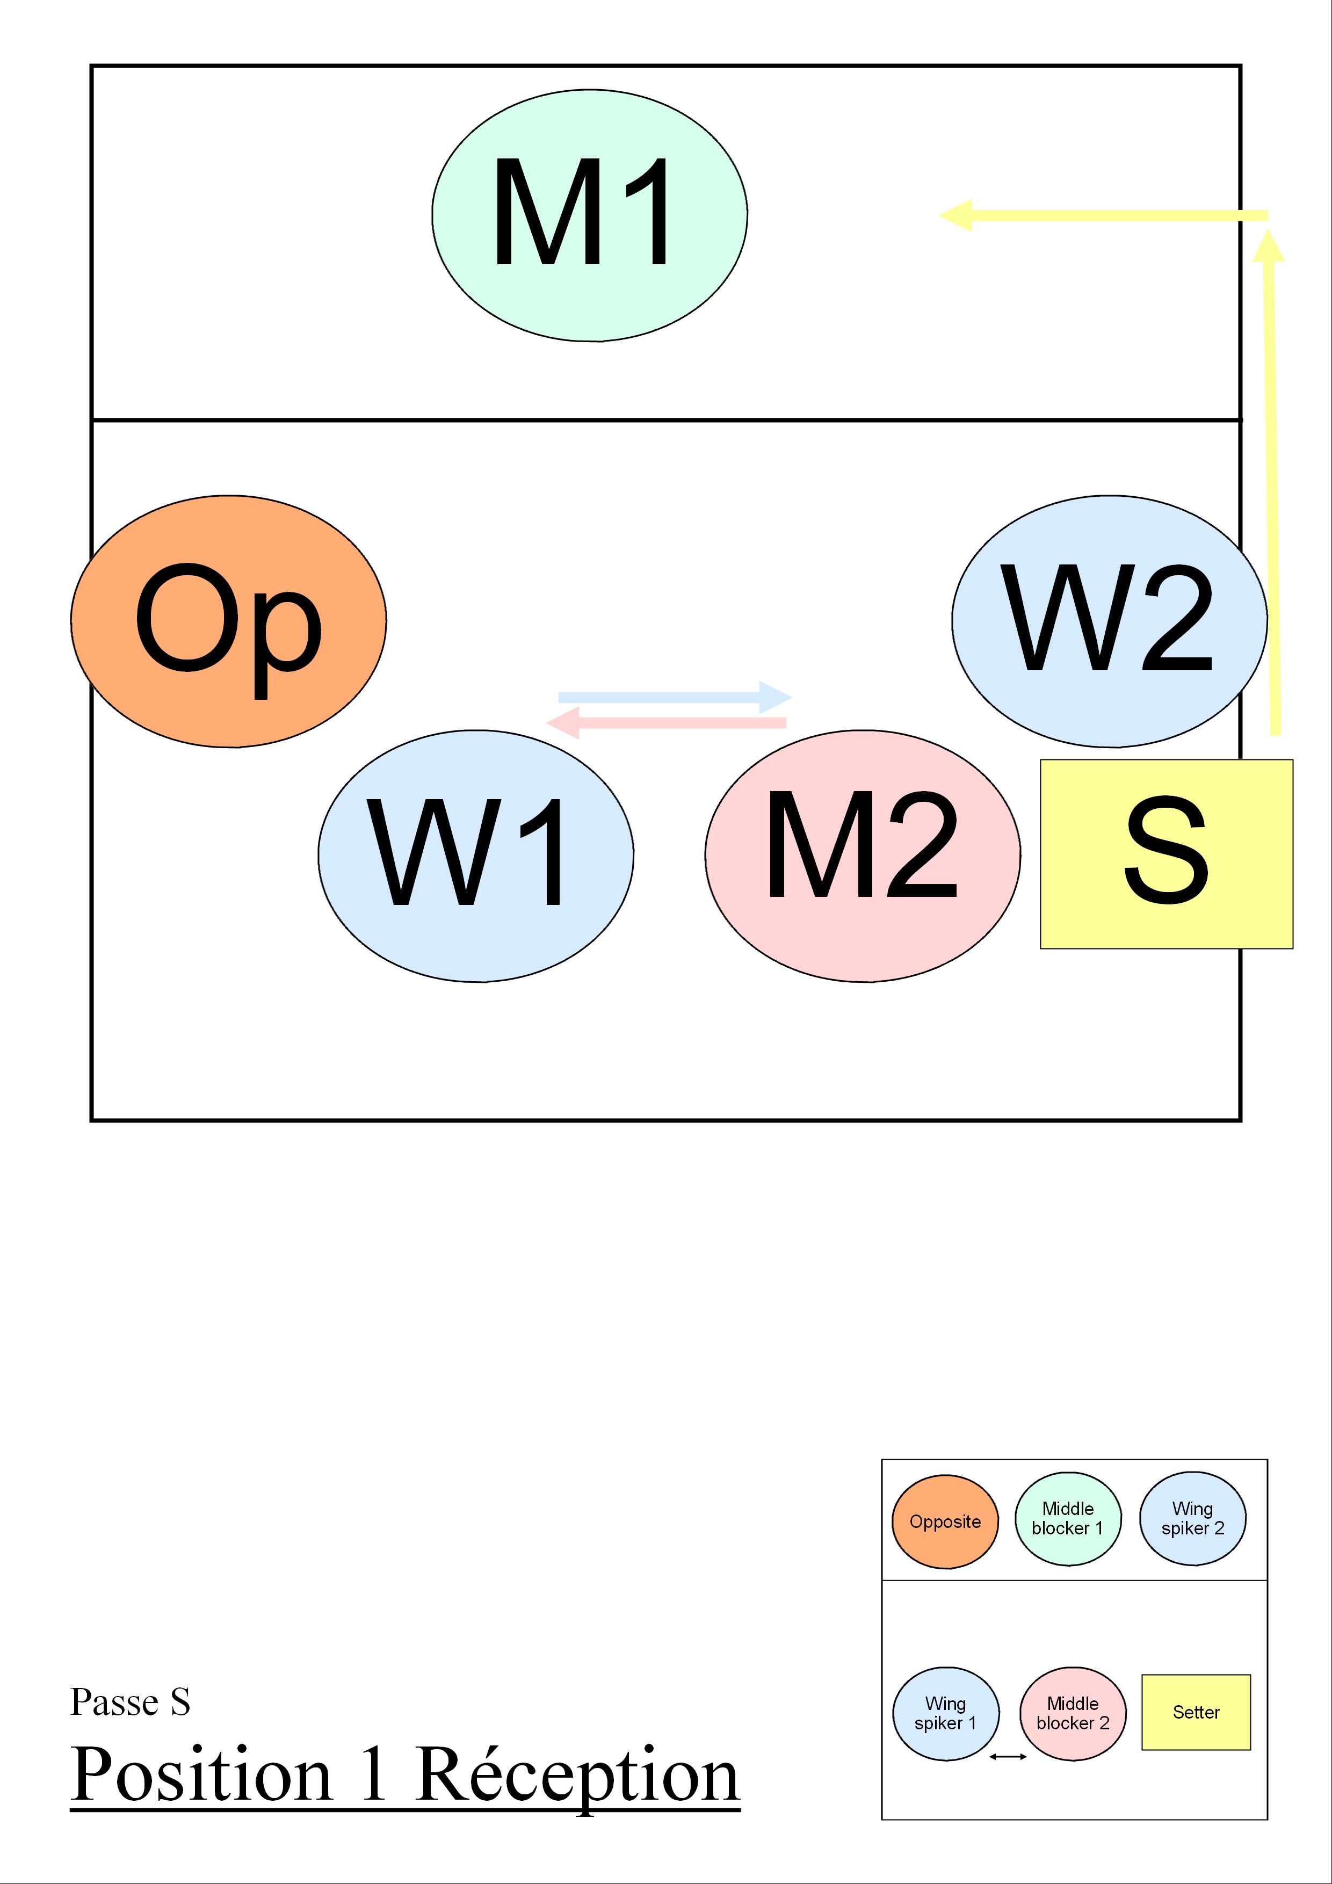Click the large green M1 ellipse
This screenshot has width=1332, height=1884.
pyautogui.click(x=589, y=215)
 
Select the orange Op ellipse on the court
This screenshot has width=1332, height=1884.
pyautogui.click(x=228, y=621)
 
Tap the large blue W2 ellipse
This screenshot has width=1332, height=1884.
pyautogui.click(x=1109, y=621)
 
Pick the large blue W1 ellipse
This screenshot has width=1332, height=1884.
pyautogui.click(x=475, y=856)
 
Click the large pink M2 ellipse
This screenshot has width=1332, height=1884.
pyautogui.click(x=863, y=856)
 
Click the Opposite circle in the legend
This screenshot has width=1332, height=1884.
pyautogui.click(x=945, y=1522)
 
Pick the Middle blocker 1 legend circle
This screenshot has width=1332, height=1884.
pyautogui.click(x=1068, y=1519)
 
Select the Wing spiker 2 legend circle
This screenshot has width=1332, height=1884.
pyautogui.click(x=1192, y=1519)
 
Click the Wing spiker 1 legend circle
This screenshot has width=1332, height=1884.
pyautogui.click(x=945, y=1714)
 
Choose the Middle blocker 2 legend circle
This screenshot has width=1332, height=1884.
pyautogui.click(x=1073, y=1714)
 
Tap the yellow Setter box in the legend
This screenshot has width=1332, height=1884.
pyautogui.click(x=1196, y=1713)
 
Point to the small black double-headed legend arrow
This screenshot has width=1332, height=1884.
pyautogui.click(x=1008, y=1757)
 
